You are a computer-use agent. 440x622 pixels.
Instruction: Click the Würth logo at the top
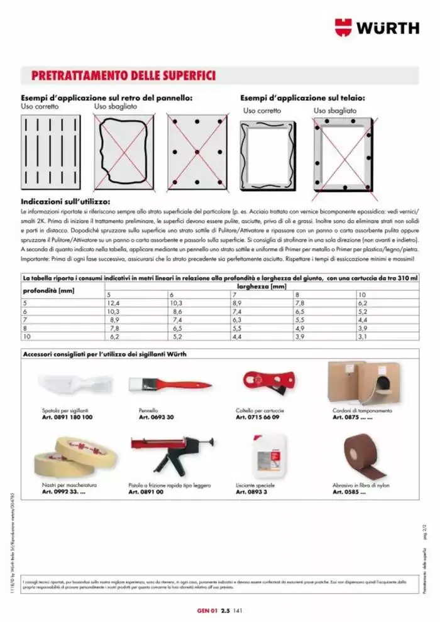[x=377, y=28]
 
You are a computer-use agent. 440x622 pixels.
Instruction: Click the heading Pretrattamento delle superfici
[x=123, y=76]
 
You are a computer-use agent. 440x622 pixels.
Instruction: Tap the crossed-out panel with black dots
[x=197, y=151]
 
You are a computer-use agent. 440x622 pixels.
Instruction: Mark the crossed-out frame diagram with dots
[x=343, y=153]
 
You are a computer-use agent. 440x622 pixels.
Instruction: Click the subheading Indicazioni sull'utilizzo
[x=65, y=202]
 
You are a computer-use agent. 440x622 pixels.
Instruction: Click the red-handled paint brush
[x=169, y=383]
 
